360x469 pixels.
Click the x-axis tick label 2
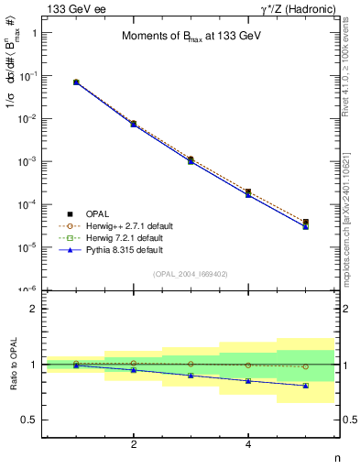pos(134,444)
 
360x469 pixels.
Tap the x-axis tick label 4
pos(248,444)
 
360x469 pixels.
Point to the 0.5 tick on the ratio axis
pos(29,420)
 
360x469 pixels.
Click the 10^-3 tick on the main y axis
pos(27,161)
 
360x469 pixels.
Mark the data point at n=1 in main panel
pos(76,82)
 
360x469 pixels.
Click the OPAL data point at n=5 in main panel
pos(306,223)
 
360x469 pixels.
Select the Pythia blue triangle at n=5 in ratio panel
pos(306,386)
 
